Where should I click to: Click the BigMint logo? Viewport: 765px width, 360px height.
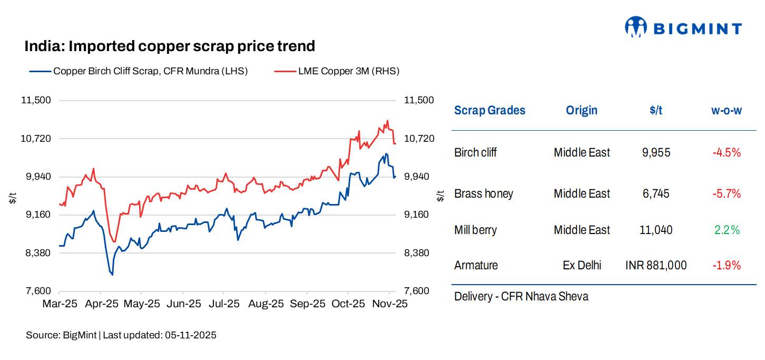tap(683, 27)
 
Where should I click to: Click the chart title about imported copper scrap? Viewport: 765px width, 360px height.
tap(170, 46)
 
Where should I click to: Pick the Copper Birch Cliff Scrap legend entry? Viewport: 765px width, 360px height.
tap(150, 71)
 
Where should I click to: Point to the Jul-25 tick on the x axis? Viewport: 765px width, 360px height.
tap(223, 304)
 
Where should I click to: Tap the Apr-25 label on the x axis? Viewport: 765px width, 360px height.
tap(101, 304)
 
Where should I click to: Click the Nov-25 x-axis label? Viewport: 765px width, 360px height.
tap(389, 304)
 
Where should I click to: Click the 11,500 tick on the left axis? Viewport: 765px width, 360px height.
tap(37, 100)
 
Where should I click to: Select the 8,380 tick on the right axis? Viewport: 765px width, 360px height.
tap(418, 253)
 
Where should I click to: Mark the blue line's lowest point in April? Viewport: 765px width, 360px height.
tap(112, 275)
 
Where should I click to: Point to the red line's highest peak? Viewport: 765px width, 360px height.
tap(387, 121)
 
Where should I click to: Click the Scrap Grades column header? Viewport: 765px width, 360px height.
tap(489, 110)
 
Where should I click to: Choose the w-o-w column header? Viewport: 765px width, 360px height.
tap(727, 110)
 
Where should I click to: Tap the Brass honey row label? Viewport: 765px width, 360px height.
tap(483, 193)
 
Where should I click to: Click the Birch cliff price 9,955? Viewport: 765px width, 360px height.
tap(656, 153)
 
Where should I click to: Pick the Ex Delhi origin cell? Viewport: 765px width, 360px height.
tap(582, 265)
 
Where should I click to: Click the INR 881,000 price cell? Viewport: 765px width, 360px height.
tap(656, 265)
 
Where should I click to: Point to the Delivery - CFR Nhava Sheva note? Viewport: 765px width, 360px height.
tap(521, 296)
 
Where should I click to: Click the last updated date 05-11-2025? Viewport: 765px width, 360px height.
tap(191, 335)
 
